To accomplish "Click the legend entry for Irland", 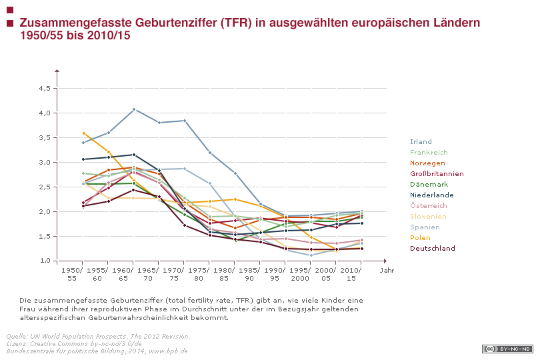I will coord(421,142).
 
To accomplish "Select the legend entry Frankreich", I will coord(429,153).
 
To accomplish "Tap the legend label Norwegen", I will coord(427,163).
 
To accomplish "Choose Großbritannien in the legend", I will coord(437,174).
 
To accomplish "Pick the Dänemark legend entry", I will coord(429,185).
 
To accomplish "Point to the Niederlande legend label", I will coord(432,195).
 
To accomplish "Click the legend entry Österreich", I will coord(429,206).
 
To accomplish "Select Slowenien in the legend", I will coord(429,217).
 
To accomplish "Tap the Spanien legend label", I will coord(425,227).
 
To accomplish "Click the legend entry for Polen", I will coord(420,238).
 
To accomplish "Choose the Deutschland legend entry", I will coord(432,249).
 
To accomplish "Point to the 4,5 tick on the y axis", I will coord(45,88).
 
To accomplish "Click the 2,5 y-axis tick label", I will coord(45,187).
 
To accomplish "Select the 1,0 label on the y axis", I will coord(45,261).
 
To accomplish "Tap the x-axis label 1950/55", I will coord(71,273).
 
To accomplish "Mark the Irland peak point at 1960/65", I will coord(134,109).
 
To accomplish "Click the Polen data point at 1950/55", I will coord(83,133).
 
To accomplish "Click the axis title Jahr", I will coord(387,270).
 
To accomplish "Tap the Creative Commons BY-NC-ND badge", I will coord(507,349).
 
